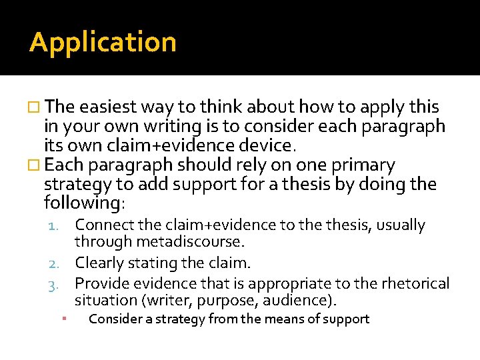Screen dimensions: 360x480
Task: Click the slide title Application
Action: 103,43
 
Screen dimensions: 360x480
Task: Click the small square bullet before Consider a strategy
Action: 61,319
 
